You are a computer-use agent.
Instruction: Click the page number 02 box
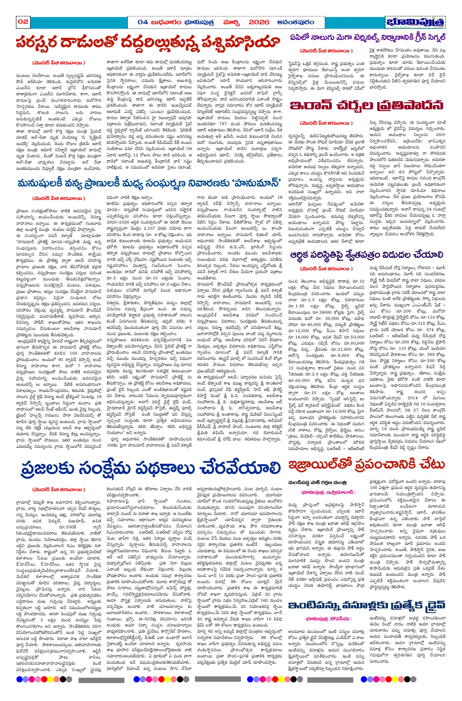23,22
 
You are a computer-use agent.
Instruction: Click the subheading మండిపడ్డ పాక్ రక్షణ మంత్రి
317,483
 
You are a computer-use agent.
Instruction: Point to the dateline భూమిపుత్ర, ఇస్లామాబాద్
328,492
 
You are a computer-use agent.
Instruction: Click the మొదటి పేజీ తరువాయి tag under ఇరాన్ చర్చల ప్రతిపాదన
326,123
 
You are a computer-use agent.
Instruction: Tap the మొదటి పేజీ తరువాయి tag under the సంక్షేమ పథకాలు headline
59,489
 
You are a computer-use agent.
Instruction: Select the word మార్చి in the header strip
231,22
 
